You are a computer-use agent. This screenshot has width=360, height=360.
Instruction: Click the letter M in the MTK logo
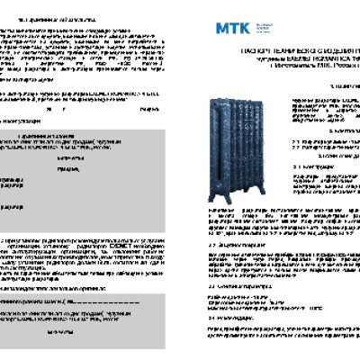(221, 27)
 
